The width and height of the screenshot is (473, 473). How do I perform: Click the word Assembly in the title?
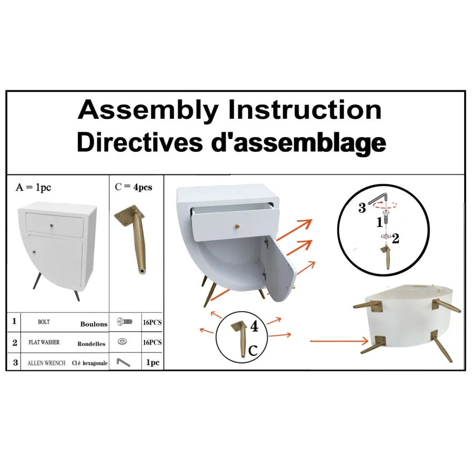point(148,111)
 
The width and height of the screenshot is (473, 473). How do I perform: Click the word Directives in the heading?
point(140,142)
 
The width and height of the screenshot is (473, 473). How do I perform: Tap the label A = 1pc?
point(33,187)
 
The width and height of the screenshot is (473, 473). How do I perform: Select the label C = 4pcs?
point(133,187)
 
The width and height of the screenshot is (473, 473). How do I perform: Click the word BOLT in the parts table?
point(44,322)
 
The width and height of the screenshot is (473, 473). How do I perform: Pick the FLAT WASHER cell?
point(44,342)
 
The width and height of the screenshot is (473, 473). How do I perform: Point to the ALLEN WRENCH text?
point(46,363)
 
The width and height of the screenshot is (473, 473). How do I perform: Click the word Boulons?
point(94,324)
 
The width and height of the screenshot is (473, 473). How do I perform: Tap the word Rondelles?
point(91,344)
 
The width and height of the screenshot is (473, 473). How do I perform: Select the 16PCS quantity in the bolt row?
point(152,323)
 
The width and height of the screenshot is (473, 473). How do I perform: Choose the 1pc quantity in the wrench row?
point(152,362)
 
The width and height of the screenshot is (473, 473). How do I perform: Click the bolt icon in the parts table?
point(124,321)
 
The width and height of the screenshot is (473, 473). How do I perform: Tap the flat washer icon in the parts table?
point(122,341)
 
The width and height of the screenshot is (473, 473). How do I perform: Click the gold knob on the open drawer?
point(238,225)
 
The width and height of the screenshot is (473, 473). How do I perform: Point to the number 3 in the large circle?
point(362,208)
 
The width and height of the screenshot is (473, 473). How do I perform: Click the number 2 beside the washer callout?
point(395,239)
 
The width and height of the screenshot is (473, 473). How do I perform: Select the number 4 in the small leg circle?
point(254,326)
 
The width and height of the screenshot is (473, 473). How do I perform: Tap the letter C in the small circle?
point(253,351)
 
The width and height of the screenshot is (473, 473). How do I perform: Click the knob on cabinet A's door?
point(34,252)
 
